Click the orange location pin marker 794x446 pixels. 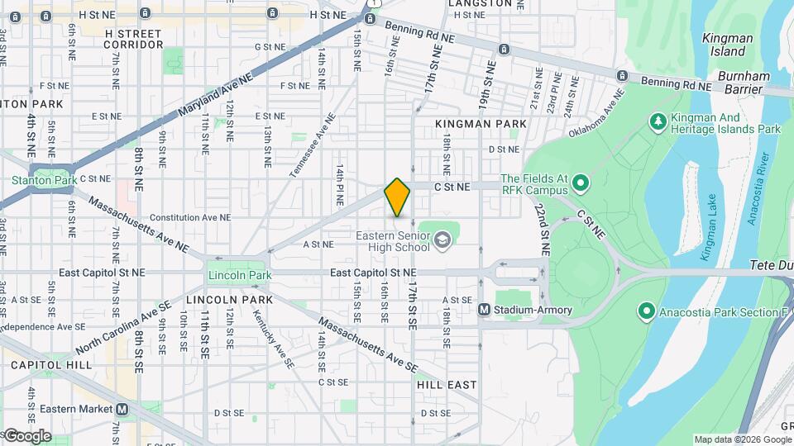point(398,197)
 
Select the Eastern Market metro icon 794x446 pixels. point(122,409)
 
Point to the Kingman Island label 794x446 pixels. point(727,45)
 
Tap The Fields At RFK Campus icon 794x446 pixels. point(580,183)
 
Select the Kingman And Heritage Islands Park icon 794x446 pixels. point(658,123)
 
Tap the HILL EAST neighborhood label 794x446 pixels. point(447,385)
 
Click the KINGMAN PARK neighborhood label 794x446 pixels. point(481,124)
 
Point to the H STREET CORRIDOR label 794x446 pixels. point(134,39)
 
